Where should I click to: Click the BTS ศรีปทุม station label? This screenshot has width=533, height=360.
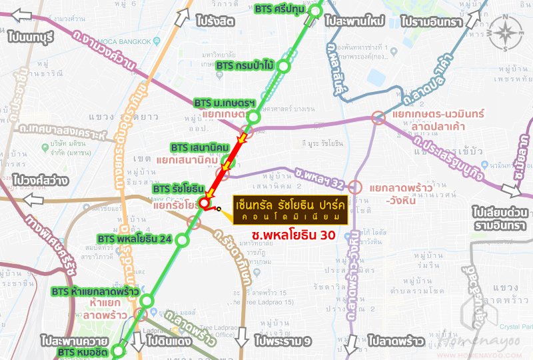[x=282, y=9]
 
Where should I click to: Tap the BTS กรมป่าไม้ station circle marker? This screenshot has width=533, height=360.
[x=284, y=66]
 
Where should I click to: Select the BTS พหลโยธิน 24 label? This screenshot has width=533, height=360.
[x=135, y=239]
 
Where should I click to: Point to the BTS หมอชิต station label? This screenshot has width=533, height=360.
[x=82, y=351]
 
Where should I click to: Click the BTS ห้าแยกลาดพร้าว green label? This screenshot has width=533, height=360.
[x=95, y=291]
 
